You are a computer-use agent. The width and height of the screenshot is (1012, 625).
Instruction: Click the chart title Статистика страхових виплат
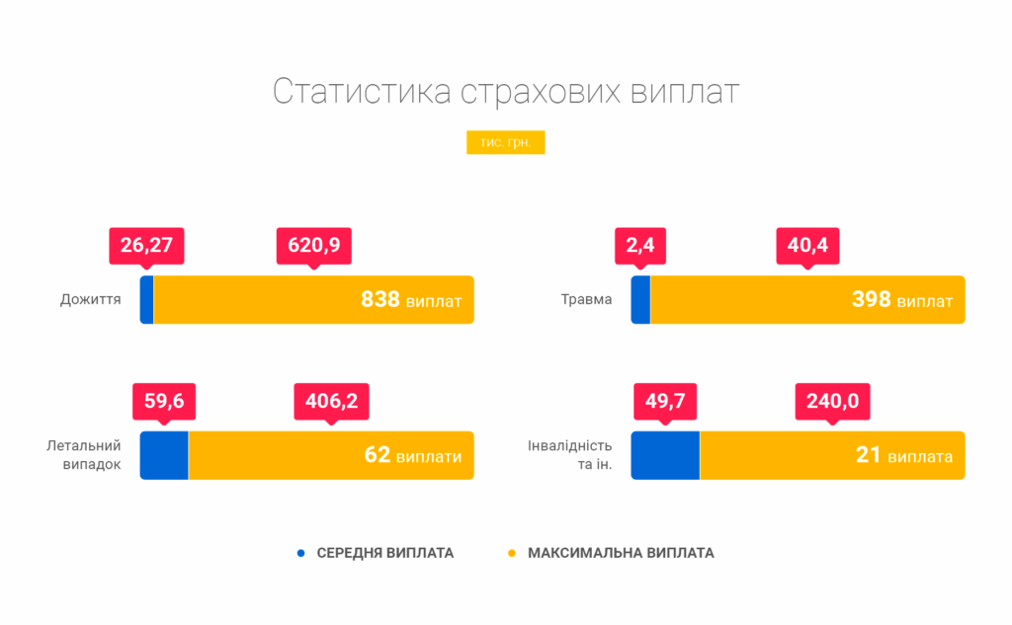[x=505, y=91]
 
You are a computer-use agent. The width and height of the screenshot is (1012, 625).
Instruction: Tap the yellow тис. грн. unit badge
[x=505, y=143]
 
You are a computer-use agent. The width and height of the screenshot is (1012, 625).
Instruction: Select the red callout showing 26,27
[x=146, y=244]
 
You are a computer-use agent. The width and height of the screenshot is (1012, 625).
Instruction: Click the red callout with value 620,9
[x=314, y=244]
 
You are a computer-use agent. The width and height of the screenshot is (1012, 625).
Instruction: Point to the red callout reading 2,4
[x=640, y=244]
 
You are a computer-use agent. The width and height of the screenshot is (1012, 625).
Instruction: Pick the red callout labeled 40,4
[x=807, y=244]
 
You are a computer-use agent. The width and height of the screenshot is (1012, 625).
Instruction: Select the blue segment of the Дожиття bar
[x=146, y=299]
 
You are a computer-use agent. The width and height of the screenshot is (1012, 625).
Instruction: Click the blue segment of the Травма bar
[x=640, y=299]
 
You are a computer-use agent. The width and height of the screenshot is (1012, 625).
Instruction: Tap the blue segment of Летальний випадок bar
[x=164, y=455]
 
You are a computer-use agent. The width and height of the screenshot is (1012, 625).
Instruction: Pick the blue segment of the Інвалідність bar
[x=665, y=455]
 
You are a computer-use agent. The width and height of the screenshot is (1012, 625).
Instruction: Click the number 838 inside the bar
[x=380, y=299]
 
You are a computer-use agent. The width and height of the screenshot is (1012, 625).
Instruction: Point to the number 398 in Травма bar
[x=872, y=299]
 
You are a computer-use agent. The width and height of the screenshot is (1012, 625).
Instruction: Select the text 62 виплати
[x=412, y=455]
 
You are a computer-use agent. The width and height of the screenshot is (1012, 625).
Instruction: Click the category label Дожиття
[x=91, y=299]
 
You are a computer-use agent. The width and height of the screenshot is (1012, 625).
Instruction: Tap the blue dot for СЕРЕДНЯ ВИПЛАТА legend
[x=301, y=553]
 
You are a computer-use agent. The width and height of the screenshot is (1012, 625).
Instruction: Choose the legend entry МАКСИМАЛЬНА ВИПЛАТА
[x=620, y=553]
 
